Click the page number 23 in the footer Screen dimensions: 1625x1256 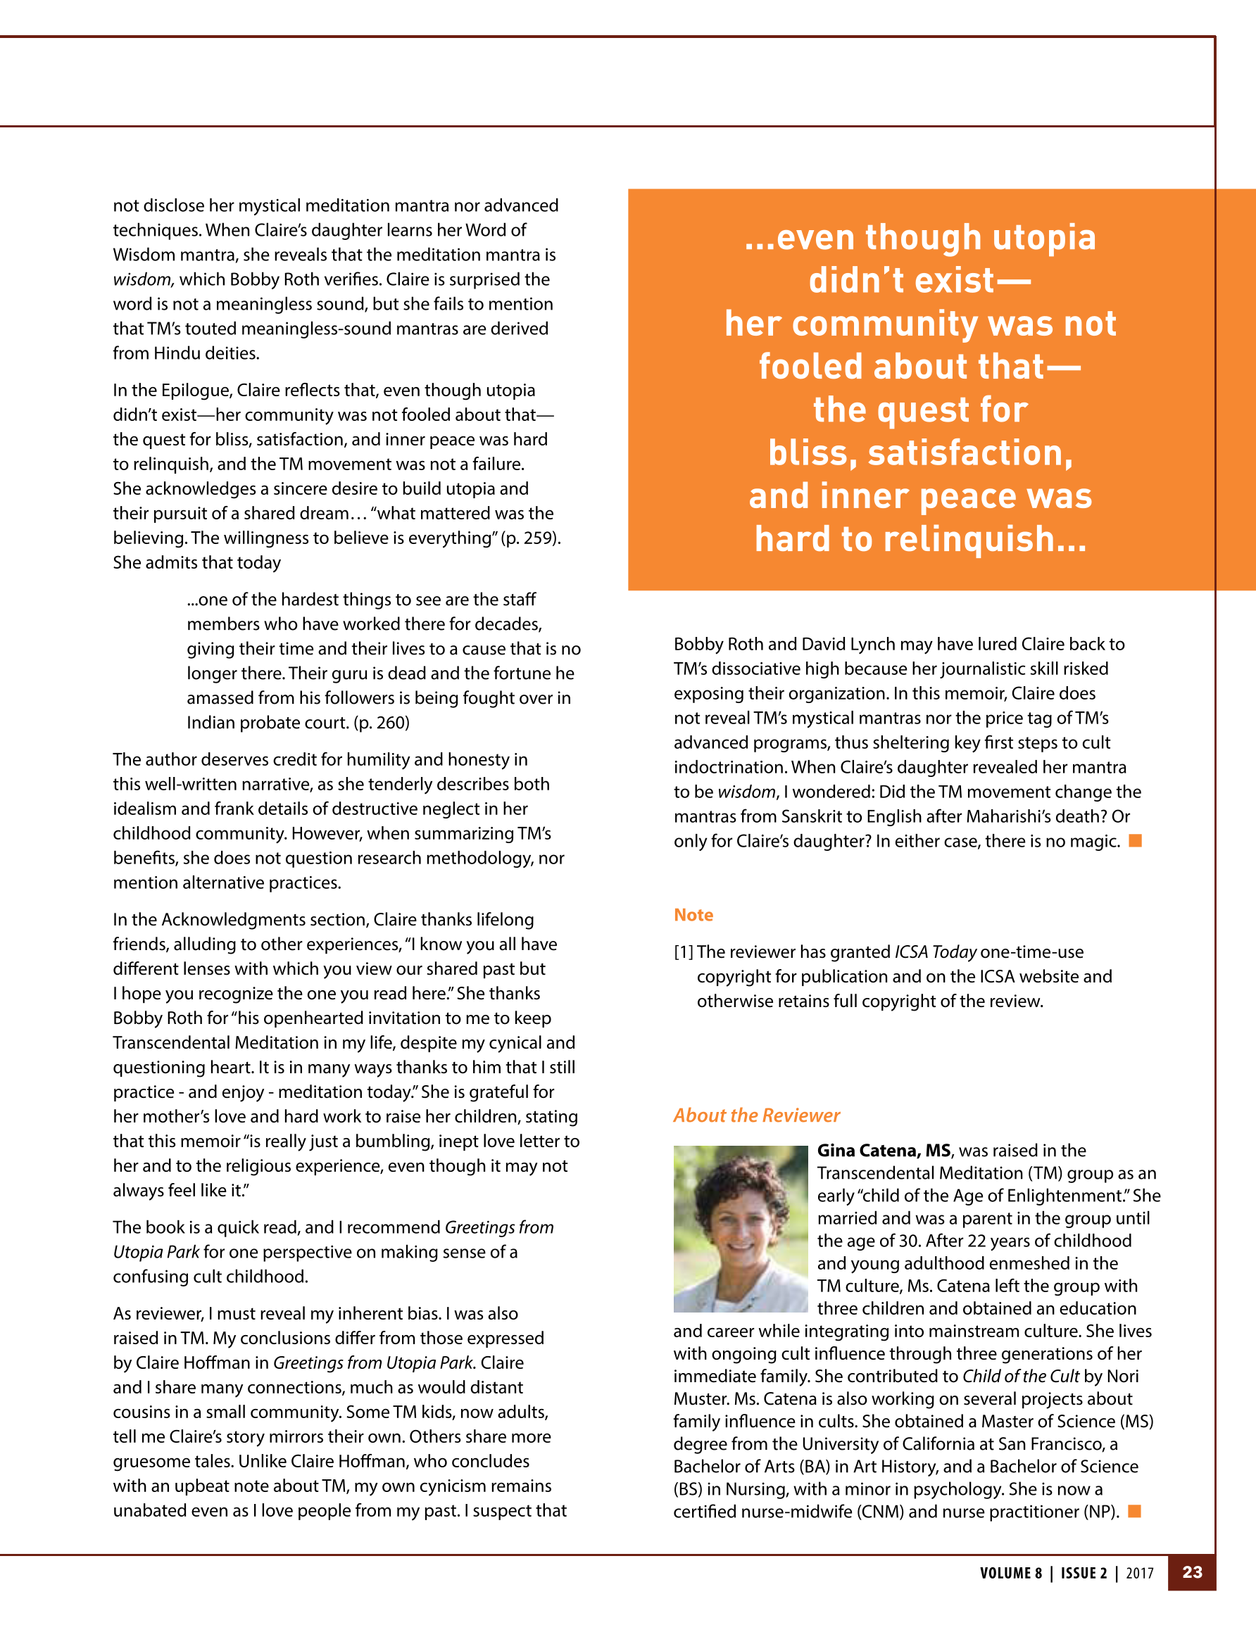pyautogui.click(x=1192, y=1572)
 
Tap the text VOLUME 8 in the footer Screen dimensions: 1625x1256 pyautogui.click(x=1010, y=1573)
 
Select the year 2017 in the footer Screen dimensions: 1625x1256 pyautogui.click(x=1139, y=1573)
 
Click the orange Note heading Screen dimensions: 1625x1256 pyautogui.click(x=693, y=914)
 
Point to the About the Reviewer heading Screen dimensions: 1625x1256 pyautogui.click(x=756, y=1115)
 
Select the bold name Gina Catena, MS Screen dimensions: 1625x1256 pyautogui.click(x=884, y=1150)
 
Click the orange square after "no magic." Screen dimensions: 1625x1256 pyautogui.click(x=1136, y=841)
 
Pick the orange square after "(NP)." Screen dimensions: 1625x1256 pyautogui.click(x=1135, y=1511)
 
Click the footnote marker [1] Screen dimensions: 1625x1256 pyautogui.click(x=684, y=951)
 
